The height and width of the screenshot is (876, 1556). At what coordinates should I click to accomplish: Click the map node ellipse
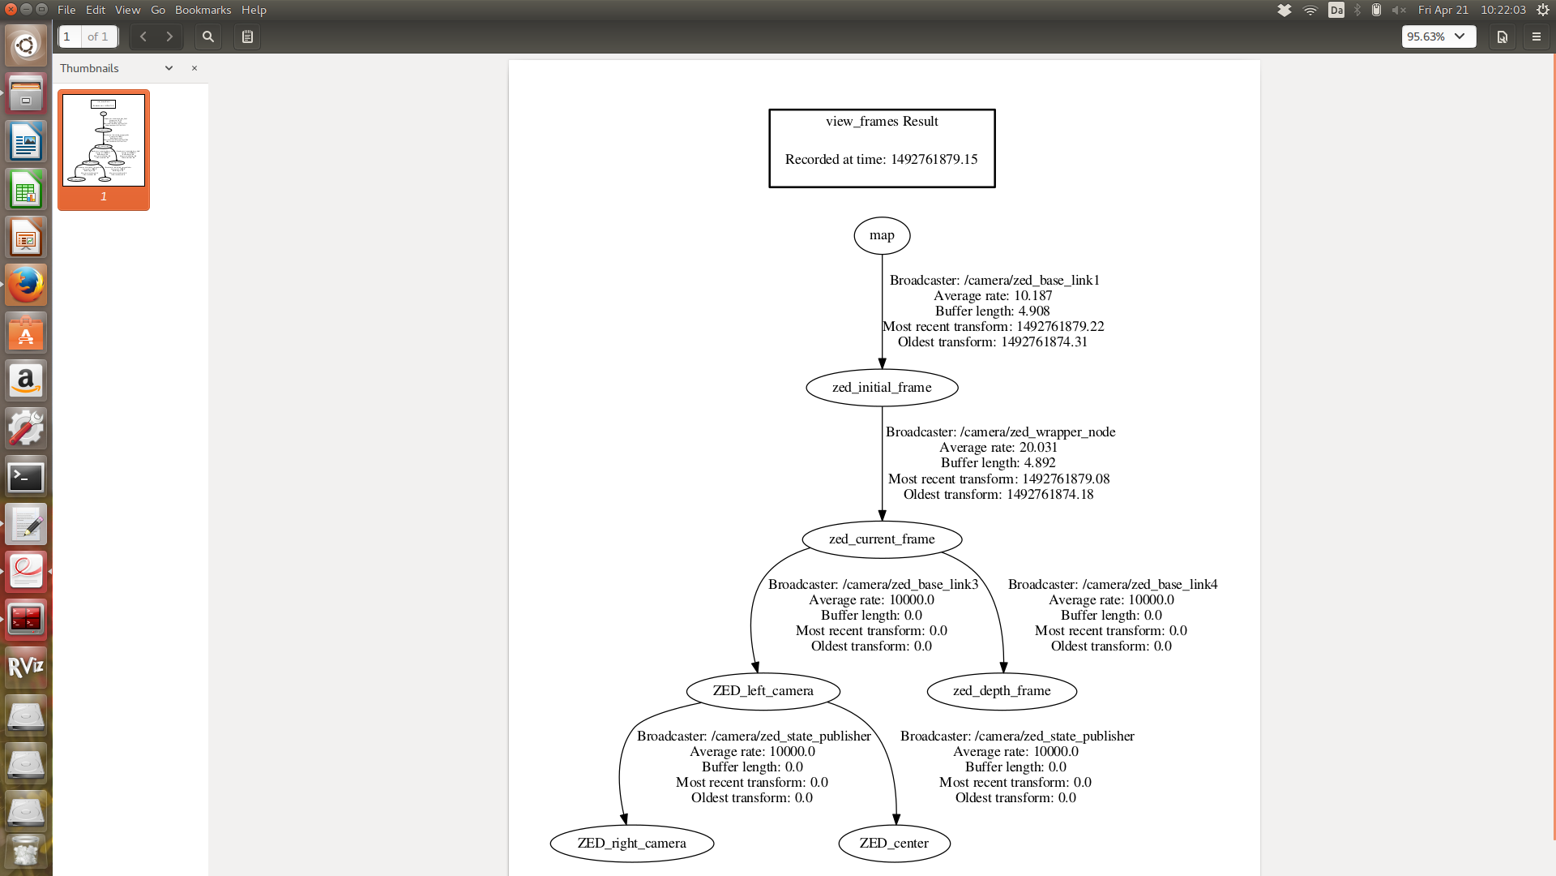882,235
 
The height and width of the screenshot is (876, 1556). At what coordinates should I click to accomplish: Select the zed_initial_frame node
882,388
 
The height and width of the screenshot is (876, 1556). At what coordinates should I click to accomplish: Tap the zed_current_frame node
882,539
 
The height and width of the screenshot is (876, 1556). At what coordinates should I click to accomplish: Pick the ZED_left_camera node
763,691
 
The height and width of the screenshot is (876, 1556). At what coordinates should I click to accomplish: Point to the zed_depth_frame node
1002,691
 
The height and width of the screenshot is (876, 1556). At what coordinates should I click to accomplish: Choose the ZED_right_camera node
631,844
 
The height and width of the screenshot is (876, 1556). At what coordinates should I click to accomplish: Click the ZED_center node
894,844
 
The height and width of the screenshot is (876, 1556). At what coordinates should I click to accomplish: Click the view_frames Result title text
882,122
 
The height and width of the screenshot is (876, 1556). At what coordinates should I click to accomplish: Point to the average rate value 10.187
1032,296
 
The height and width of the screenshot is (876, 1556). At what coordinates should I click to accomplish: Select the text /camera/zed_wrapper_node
1037,432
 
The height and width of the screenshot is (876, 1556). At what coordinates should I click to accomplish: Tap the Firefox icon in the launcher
26,286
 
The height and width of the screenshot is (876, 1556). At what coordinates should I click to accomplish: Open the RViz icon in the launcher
26,667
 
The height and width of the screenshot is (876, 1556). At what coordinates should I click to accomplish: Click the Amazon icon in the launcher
26,380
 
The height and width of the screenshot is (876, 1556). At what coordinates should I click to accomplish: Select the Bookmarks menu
203,10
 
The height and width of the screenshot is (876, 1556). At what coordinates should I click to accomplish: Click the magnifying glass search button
208,36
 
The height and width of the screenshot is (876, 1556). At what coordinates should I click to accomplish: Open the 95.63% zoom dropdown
1438,36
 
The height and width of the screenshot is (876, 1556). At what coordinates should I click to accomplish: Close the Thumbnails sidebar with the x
194,68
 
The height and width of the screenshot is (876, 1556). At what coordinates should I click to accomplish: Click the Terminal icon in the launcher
26,476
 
